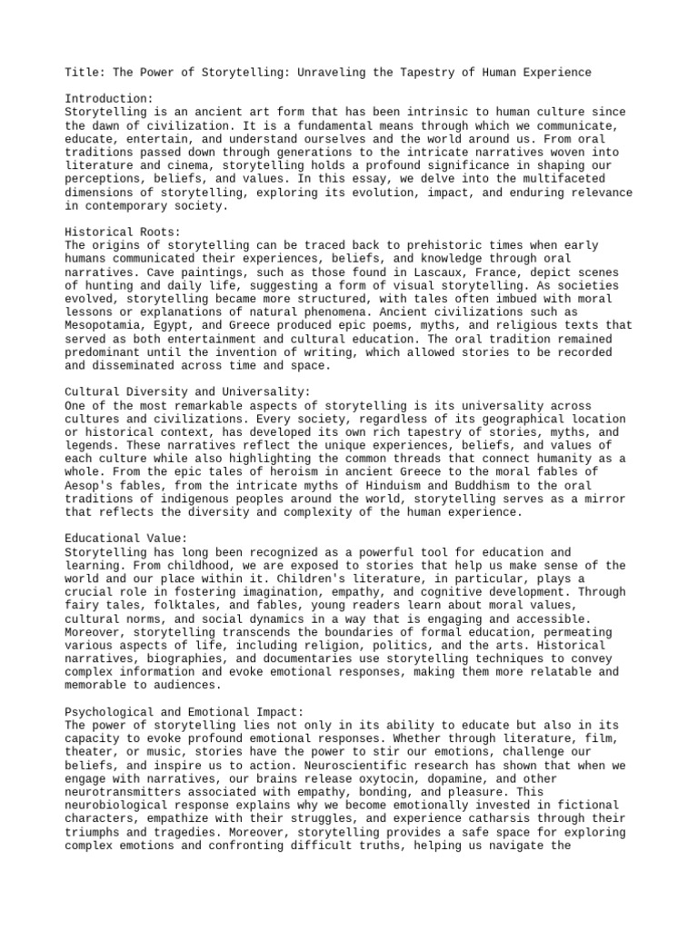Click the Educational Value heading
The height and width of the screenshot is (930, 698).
click(x=126, y=538)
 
